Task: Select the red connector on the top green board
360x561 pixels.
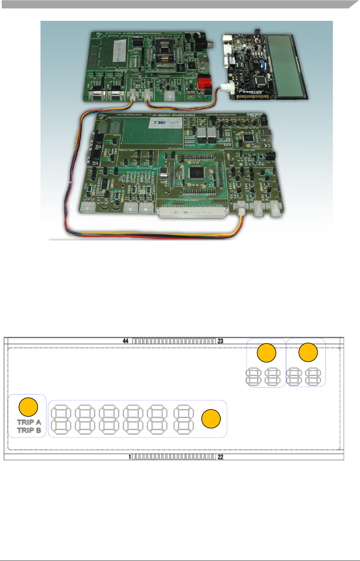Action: click(204, 83)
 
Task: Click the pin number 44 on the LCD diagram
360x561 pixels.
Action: click(126, 341)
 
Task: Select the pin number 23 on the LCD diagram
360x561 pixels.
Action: click(220, 341)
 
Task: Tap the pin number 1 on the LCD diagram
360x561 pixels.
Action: click(130, 457)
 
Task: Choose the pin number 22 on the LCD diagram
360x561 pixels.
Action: click(220, 457)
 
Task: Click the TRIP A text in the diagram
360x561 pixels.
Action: click(29, 422)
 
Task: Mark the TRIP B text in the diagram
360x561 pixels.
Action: click(29, 431)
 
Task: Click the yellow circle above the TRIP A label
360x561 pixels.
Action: click(28, 407)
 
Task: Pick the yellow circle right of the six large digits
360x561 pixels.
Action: click(211, 419)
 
